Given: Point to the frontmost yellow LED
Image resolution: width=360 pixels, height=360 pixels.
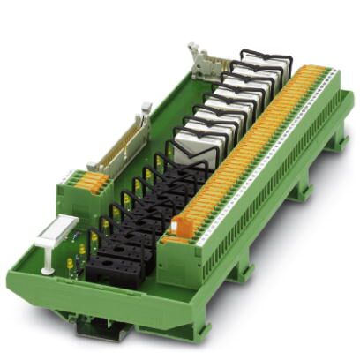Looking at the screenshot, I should pos(70,264).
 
